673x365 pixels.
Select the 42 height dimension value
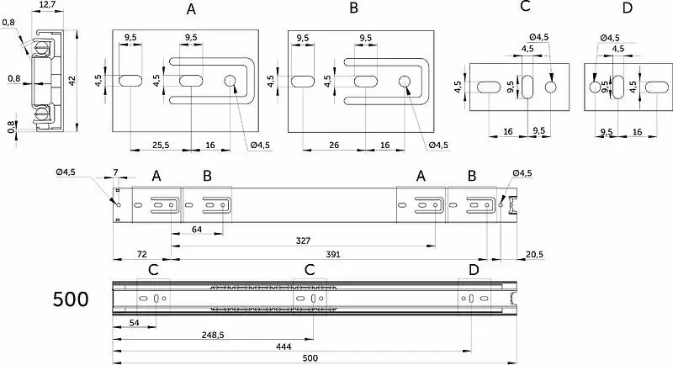click(x=72, y=80)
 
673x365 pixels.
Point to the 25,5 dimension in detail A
click(x=161, y=145)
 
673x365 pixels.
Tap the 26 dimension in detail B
click(x=334, y=145)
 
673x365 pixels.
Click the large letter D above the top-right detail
click(x=627, y=8)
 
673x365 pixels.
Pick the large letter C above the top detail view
click(x=525, y=7)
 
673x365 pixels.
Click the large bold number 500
click(x=71, y=299)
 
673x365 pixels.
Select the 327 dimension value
click(x=303, y=241)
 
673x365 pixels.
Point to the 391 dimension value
click(x=332, y=254)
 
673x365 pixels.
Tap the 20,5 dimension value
click(x=534, y=254)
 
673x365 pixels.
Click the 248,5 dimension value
click(x=213, y=335)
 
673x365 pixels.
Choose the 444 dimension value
click(x=284, y=346)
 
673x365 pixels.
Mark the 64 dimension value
click(x=197, y=230)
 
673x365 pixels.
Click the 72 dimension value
click(x=141, y=254)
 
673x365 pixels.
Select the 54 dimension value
click(x=135, y=322)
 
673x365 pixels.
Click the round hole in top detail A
click(x=230, y=81)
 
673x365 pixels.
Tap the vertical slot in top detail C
click(x=527, y=87)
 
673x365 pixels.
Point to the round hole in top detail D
click(x=595, y=87)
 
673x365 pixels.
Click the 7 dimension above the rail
click(x=115, y=172)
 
